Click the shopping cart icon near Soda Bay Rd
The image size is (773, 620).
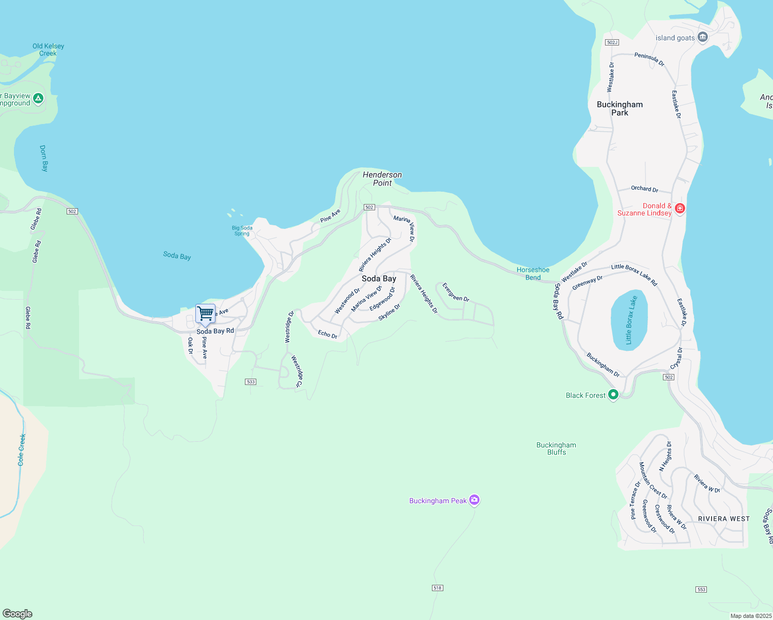tap(205, 313)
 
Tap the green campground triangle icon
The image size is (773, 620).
tap(38, 98)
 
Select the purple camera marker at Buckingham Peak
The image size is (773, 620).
tap(474, 500)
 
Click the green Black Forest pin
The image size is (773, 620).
tap(613, 395)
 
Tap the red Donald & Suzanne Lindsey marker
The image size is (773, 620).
tap(680, 209)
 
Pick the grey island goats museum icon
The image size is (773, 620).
tap(702, 37)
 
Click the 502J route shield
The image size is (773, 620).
tap(612, 42)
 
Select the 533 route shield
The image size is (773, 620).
tap(251, 382)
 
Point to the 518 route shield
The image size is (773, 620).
tap(438, 588)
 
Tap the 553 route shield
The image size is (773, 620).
tap(701, 590)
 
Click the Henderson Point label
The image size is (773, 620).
tap(382, 179)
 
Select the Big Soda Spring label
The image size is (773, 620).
tap(242, 230)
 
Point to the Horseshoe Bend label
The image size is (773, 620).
tap(533, 273)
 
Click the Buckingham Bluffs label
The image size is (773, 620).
tap(556, 448)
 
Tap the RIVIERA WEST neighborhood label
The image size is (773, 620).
tap(723, 519)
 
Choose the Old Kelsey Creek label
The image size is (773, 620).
tap(48, 50)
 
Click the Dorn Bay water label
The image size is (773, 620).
tap(44, 158)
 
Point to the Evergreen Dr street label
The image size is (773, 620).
tap(456, 292)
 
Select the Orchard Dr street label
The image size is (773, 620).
tap(644, 189)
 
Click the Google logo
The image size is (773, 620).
tap(18, 614)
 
